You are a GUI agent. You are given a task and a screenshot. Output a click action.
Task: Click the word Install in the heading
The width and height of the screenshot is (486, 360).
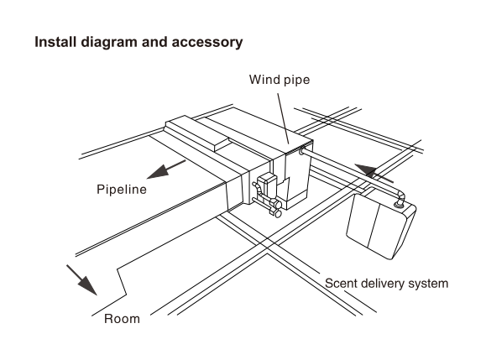(55, 42)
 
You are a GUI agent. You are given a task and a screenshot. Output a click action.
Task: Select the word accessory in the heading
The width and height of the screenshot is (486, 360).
(207, 43)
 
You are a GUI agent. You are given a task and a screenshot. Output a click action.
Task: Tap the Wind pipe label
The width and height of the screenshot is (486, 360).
(280, 80)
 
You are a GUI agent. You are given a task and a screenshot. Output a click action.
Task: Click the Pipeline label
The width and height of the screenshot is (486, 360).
(122, 190)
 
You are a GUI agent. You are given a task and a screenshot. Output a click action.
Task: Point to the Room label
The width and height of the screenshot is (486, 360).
(122, 319)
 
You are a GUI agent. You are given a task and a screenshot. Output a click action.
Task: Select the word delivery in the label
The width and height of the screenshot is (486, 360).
(383, 284)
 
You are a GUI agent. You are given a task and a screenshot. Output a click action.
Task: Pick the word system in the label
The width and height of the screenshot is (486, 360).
(428, 284)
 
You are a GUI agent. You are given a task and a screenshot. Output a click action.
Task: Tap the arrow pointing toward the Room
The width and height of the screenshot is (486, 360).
(81, 280)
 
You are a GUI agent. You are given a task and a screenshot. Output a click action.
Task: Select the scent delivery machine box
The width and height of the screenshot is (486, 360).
(381, 227)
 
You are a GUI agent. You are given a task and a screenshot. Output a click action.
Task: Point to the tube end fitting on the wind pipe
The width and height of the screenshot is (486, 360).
(302, 152)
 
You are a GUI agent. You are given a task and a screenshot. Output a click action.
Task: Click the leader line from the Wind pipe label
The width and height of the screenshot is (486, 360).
(284, 118)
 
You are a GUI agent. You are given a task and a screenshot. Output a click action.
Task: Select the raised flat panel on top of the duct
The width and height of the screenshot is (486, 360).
(198, 133)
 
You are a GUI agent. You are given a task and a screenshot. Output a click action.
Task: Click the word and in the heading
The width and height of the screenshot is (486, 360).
(154, 42)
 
